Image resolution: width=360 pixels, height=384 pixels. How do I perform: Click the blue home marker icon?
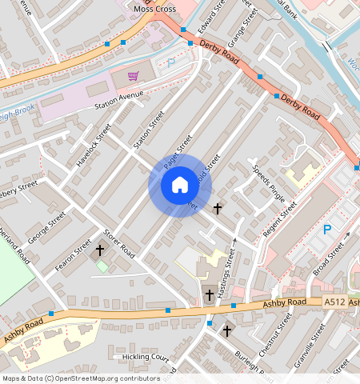pos(180,186)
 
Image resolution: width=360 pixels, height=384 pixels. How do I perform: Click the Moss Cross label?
pos(155,8)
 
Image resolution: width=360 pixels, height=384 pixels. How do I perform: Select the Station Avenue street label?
pos(118,99)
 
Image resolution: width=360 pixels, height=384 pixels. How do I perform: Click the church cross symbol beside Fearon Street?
pos(100,250)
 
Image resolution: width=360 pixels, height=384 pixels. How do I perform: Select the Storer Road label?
pos(118,243)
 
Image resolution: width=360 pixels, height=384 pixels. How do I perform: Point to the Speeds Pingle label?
pos(269,184)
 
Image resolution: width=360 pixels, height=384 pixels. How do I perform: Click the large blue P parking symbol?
pos(326,230)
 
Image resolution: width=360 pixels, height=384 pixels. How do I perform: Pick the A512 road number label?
pos(334,302)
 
